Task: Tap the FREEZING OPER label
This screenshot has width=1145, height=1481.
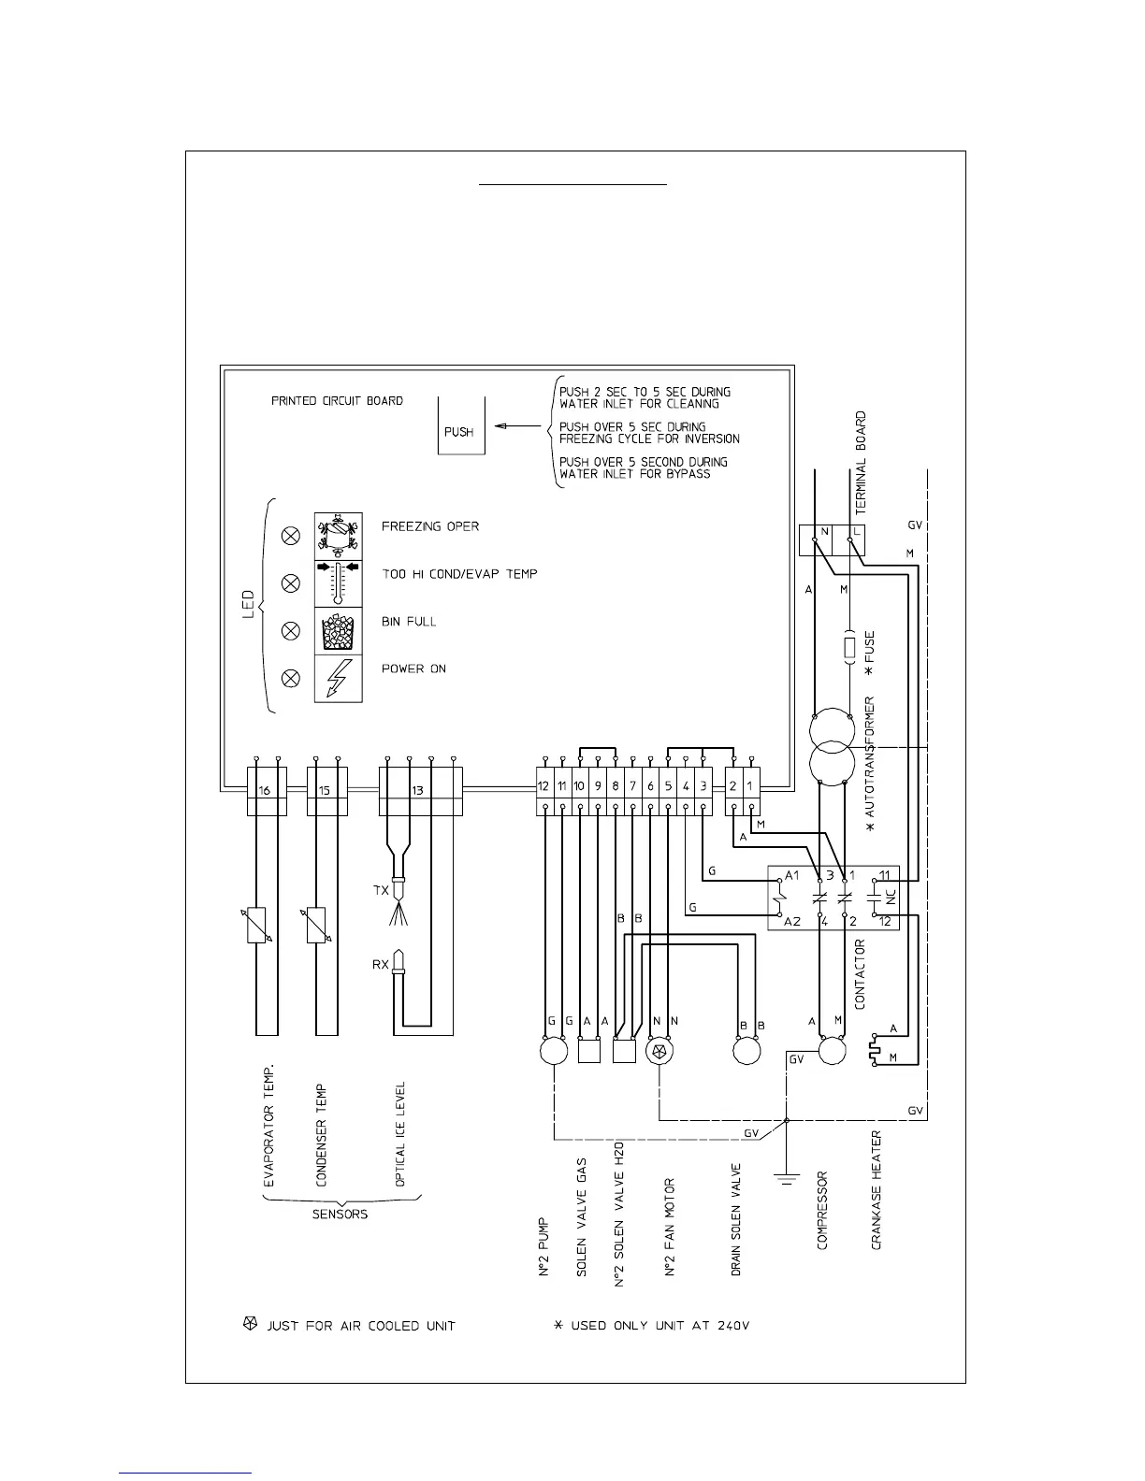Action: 429,526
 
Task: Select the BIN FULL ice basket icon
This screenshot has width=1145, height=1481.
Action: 338,630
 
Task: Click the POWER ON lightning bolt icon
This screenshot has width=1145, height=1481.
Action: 338,678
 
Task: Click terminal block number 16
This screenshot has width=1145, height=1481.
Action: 266,791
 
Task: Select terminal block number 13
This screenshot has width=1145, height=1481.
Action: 418,791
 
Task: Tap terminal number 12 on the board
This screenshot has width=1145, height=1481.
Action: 544,786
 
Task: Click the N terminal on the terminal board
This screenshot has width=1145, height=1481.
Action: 824,532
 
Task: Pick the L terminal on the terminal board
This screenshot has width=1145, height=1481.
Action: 856,532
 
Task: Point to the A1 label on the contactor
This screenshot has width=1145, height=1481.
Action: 792,876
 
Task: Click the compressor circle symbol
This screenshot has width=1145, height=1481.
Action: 832,1051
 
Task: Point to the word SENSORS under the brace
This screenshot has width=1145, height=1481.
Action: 340,1215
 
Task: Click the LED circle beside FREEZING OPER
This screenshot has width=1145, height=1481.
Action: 291,536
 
